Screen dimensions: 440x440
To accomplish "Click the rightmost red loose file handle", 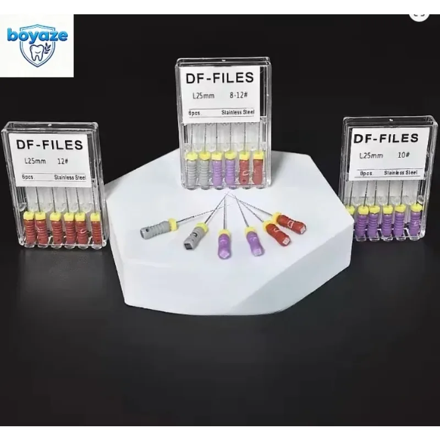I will [291, 225].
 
